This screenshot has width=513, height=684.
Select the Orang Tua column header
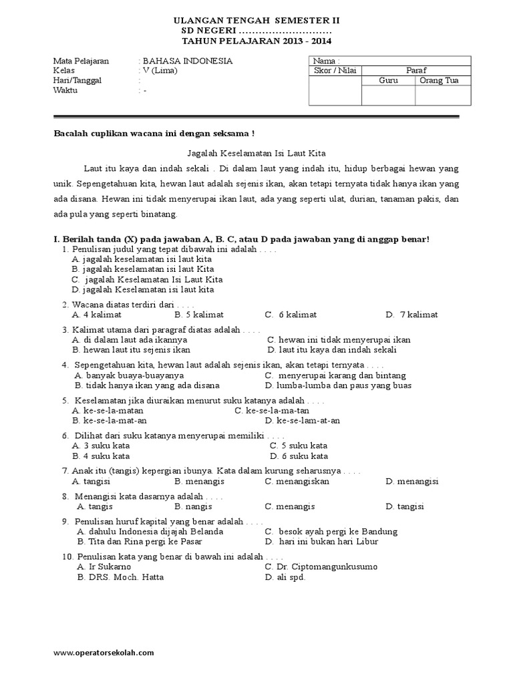tap(442, 81)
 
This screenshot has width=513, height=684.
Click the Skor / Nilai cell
tap(335, 71)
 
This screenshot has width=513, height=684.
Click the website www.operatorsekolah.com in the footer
tap(104, 653)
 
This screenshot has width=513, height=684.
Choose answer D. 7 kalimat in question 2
tap(411, 315)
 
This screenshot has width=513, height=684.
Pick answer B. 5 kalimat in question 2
tap(198, 315)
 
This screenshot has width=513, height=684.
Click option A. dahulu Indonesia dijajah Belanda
tap(150, 532)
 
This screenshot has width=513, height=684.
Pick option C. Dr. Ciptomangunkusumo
tap(321, 566)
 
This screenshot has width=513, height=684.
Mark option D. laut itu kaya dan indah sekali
tap(332, 349)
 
